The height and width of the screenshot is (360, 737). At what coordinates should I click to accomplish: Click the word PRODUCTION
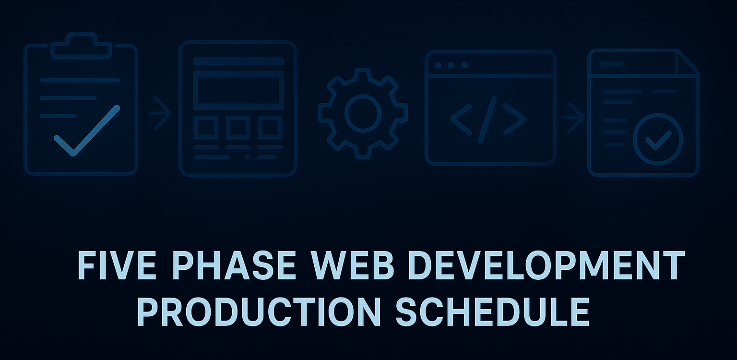tap(259, 312)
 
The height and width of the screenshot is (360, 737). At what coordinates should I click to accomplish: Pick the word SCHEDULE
tap(492, 312)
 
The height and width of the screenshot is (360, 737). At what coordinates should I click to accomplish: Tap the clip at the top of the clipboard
tap(81, 45)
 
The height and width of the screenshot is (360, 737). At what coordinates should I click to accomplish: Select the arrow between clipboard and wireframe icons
tap(161, 113)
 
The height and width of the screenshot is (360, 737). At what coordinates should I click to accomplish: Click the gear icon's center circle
tap(363, 113)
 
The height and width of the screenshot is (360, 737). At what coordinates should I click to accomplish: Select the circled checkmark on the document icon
tap(658, 140)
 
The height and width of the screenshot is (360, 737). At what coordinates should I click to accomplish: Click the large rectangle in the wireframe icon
tap(238, 90)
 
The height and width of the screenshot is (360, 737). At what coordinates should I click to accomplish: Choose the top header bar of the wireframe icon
tap(238, 61)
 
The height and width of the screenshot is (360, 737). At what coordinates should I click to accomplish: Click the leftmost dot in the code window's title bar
tap(437, 65)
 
